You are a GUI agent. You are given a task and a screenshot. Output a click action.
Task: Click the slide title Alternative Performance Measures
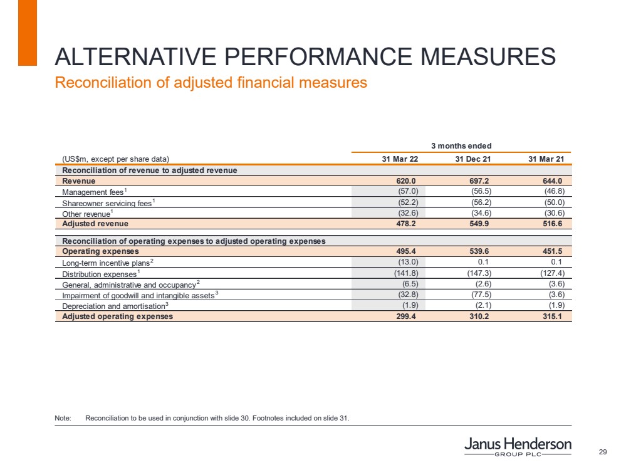(x=305, y=57)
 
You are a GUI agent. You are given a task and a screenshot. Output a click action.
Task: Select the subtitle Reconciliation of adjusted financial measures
(x=211, y=82)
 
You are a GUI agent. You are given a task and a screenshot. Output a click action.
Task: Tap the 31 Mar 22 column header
(x=400, y=159)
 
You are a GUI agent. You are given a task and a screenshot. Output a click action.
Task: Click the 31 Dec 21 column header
(x=473, y=159)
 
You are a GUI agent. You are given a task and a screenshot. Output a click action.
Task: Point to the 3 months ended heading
(x=461, y=146)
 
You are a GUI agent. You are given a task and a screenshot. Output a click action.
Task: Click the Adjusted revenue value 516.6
(x=553, y=224)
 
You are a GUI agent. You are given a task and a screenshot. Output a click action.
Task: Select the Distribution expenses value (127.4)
(x=552, y=274)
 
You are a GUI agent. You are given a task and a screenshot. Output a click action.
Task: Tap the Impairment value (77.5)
(x=480, y=295)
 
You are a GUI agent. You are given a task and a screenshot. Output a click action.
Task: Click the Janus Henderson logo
(x=518, y=447)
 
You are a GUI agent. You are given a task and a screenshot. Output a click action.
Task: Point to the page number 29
(x=603, y=452)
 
